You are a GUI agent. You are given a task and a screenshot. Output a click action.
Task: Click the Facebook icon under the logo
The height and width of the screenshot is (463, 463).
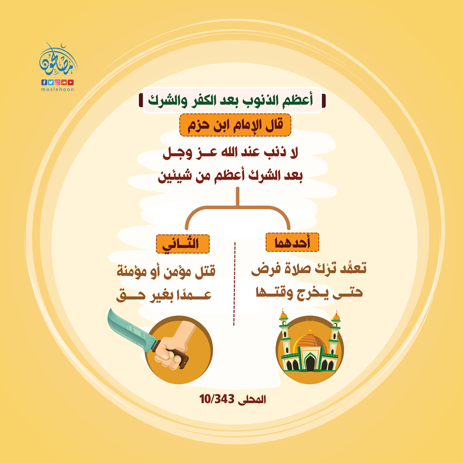44,82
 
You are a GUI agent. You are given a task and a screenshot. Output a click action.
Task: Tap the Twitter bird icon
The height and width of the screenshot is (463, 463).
51,82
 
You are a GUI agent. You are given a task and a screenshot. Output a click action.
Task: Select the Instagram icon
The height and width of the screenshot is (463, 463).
57,82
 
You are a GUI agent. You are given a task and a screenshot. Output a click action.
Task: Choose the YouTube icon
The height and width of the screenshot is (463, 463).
71,82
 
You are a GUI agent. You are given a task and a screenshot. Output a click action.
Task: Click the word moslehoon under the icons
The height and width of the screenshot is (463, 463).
57,89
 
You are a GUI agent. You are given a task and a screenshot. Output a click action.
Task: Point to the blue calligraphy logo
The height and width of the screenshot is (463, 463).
58,60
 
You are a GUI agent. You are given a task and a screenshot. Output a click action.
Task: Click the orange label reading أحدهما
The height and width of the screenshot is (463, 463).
292,243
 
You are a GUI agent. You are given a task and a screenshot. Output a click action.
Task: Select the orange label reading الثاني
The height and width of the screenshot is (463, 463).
183,244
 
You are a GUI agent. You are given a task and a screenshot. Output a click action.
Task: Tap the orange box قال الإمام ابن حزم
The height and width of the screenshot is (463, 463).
235,125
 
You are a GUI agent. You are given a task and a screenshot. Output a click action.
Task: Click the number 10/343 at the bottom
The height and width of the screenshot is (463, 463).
217,399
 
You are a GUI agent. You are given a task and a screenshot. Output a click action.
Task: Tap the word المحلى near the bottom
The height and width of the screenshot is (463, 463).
252,400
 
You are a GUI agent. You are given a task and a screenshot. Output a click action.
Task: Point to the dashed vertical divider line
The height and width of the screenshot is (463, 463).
234,284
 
